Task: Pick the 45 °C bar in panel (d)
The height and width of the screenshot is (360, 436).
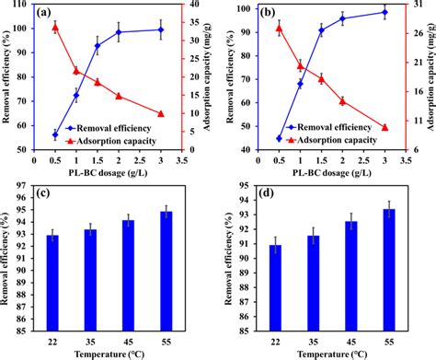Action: [x=350, y=275]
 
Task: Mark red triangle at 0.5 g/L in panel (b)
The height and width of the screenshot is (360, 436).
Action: [x=279, y=28]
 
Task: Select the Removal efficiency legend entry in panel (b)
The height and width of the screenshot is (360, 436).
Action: [x=335, y=126]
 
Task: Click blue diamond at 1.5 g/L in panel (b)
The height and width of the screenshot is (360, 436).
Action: [x=321, y=30]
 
